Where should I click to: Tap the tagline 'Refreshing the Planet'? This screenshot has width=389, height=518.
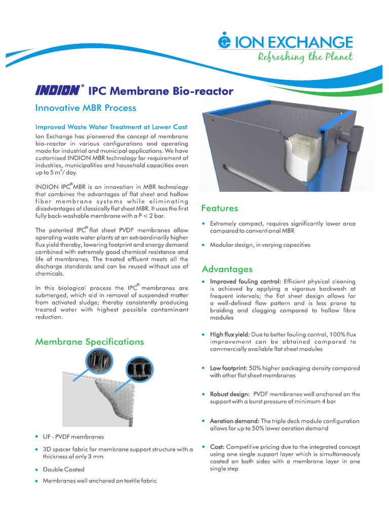pyautogui.click(x=305, y=57)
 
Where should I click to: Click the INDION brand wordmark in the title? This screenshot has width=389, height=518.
pyautogui.click(x=58, y=91)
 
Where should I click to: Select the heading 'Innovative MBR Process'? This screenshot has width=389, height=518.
pyautogui.click(x=85, y=108)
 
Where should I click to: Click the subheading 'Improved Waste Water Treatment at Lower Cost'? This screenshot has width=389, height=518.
pyautogui.click(x=111, y=127)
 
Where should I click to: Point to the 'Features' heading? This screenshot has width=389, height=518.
pyautogui.click(x=219, y=208)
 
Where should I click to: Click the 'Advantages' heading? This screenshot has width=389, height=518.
pyautogui.click(x=227, y=269)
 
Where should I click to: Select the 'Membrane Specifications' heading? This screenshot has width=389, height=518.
pyautogui.click(x=89, y=341)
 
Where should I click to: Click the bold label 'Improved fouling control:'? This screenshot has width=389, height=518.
pyautogui.click(x=246, y=282)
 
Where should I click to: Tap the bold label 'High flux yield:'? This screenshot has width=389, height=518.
pyautogui.click(x=229, y=334)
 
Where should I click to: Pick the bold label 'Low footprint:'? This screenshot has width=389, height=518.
pyautogui.click(x=228, y=368)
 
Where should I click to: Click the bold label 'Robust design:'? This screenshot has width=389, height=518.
pyautogui.click(x=229, y=394)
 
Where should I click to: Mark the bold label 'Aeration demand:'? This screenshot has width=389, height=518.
pyautogui.click(x=235, y=421)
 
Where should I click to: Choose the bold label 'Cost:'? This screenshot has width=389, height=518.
pyautogui.click(x=217, y=447)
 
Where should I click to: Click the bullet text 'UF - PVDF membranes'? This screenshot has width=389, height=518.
pyautogui.click(x=73, y=437)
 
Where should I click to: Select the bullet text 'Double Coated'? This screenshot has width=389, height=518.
pyautogui.click(x=63, y=469)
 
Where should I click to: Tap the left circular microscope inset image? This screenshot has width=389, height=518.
pyautogui.click(x=96, y=360)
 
